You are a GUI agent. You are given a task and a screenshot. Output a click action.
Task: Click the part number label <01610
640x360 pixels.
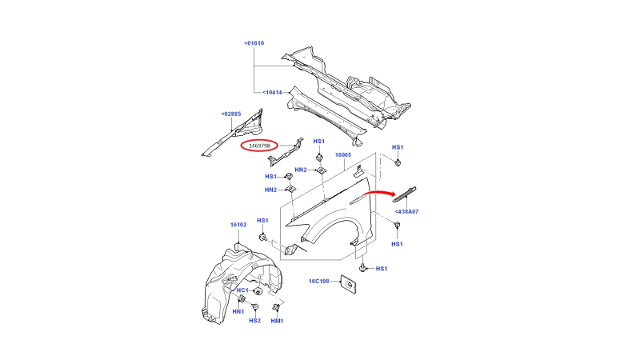point(254,43)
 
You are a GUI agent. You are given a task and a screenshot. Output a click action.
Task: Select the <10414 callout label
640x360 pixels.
point(272,92)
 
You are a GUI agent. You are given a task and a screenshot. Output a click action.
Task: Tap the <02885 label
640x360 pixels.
point(231,114)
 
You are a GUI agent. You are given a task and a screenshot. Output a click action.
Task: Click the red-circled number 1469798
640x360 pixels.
point(259,146)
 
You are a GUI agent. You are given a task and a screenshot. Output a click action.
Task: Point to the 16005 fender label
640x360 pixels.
point(343,154)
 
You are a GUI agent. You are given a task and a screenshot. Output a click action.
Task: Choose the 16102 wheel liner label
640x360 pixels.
point(238,225)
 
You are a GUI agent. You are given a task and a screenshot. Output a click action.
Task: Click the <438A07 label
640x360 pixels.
point(406,211)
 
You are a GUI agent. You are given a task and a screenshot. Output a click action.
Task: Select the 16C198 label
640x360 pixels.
point(318,281)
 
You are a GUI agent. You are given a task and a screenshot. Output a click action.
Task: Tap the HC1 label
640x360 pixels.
point(242,290)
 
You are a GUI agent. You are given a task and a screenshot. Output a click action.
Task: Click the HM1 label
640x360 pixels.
point(277,321)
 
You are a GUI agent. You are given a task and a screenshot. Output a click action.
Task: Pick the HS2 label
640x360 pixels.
point(254,321)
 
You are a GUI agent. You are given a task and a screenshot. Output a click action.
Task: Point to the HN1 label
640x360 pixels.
point(238,311)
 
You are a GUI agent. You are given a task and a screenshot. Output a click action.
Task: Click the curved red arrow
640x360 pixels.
point(378,192)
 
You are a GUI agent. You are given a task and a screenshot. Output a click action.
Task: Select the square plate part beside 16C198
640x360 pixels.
point(348,284)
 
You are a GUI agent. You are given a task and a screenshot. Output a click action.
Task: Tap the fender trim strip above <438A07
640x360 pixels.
point(404,194)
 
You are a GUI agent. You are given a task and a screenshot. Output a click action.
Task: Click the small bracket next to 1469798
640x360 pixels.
point(286,152)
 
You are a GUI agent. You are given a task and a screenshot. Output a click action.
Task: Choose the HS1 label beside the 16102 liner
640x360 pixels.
point(263,221)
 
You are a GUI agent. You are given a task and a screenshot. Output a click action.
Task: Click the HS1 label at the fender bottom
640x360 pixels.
point(382,269)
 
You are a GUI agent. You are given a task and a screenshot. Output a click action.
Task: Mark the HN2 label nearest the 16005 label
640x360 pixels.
point(301,170)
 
